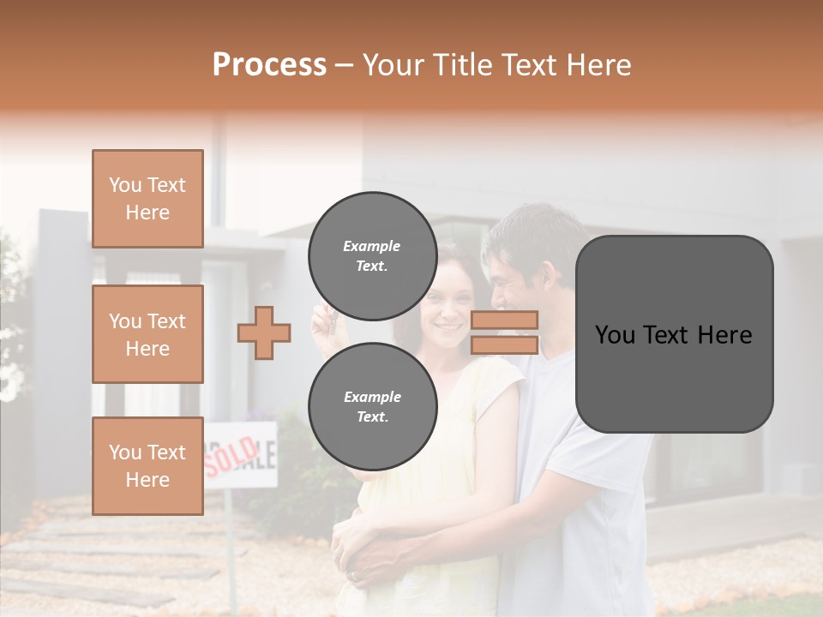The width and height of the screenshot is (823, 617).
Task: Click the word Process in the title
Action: [269, 65]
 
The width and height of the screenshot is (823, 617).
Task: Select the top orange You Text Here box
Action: [147, 199]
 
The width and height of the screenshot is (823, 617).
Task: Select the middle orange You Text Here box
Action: [147, 334]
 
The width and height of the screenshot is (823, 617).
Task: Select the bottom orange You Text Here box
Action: [147, 465]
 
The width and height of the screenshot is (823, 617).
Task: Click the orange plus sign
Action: [264, 332]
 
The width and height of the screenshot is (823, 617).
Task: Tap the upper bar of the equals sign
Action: [504, 320]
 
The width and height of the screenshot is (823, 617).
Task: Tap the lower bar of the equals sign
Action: [504, 344]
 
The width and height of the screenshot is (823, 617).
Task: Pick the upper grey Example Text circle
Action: [372, 255]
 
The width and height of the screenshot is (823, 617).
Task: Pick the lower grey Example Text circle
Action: [372, 406]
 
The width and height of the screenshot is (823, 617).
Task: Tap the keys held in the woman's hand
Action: [324, 322]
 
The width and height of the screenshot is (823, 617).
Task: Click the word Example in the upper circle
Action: [372, 246]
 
